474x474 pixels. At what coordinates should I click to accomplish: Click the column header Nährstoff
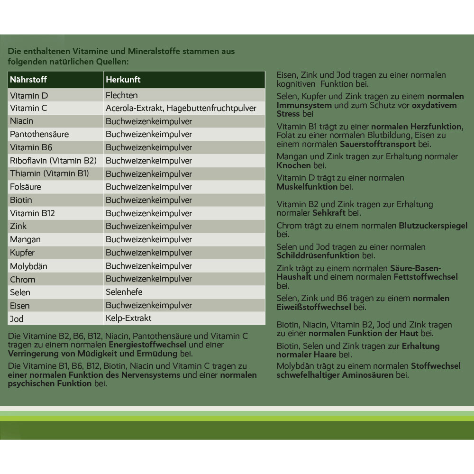28,80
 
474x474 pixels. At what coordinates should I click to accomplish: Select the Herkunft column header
123,80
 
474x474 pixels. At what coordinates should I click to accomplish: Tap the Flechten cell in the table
122,95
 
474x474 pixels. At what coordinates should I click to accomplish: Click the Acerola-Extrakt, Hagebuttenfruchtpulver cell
181,108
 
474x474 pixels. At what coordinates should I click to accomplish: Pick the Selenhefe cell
124,292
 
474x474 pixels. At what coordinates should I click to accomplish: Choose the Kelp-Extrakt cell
128,318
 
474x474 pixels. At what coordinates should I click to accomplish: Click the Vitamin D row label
29,95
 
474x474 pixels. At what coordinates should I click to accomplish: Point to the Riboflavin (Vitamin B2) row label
53,161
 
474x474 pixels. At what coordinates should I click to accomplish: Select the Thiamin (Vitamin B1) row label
49,173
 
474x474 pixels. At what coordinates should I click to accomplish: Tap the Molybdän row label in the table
28,266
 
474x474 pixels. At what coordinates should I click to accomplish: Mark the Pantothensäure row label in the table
39,134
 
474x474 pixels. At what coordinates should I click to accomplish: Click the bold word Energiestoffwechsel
147,345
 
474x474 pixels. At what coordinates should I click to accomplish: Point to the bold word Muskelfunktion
308,187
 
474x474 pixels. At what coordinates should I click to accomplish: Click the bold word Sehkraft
329,213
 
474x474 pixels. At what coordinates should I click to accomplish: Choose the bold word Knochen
294,165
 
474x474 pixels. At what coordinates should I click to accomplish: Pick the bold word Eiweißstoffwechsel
314,307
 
